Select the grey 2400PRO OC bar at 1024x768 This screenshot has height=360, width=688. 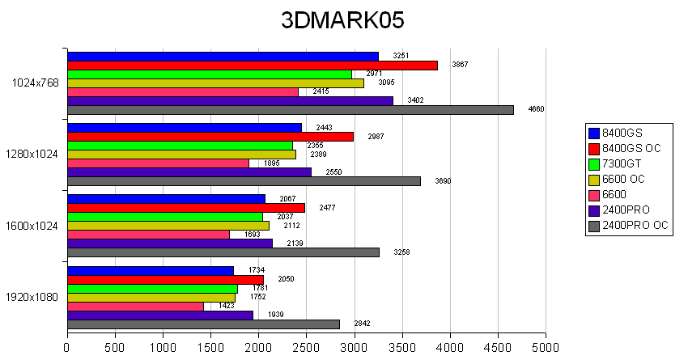(x=291, y=110)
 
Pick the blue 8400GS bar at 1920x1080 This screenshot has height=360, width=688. (x=151, y=270)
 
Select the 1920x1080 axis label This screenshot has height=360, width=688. (x=33, y=297)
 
